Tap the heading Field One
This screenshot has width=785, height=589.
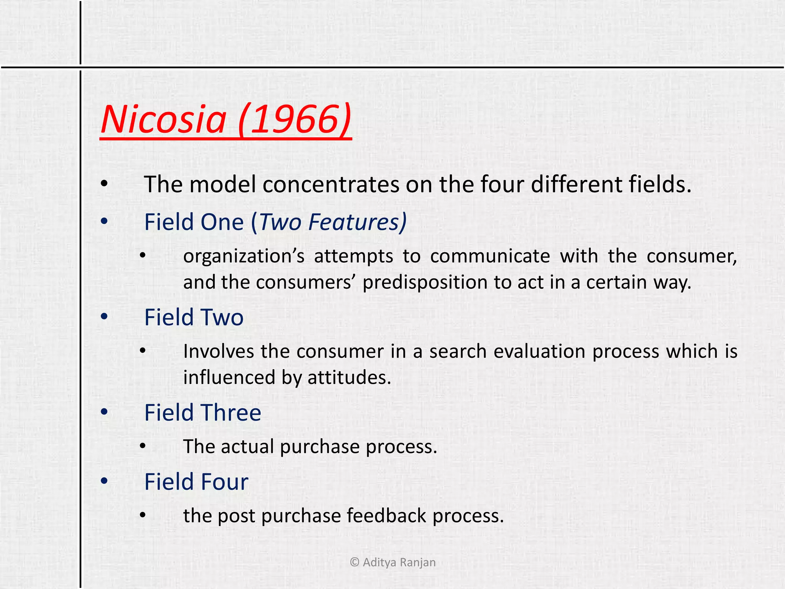pyautogui.click(x=194, y=222)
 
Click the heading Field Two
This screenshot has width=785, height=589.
pyautogui.click(x=194, y=318)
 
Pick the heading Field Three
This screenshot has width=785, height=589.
pyautogui.click(x=203, y=413)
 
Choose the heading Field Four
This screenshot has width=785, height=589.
pyautogui.click(x=196, y=482)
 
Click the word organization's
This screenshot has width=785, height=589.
pyautogui.click(x=244, y=256)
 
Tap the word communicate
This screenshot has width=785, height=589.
pyautogui.click(x=490, y=256)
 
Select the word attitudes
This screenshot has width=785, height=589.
pyautogui.click(x=349, y=377)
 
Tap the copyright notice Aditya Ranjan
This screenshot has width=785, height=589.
pyautogui.click(x=393, y=562)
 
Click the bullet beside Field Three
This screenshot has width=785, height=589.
pyautogui.click(x=104, y=412)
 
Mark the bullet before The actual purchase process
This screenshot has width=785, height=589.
pyautogui.click(x=143, y=446)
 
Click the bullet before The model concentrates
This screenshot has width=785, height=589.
pyautogui.click(x=104, y=184)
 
